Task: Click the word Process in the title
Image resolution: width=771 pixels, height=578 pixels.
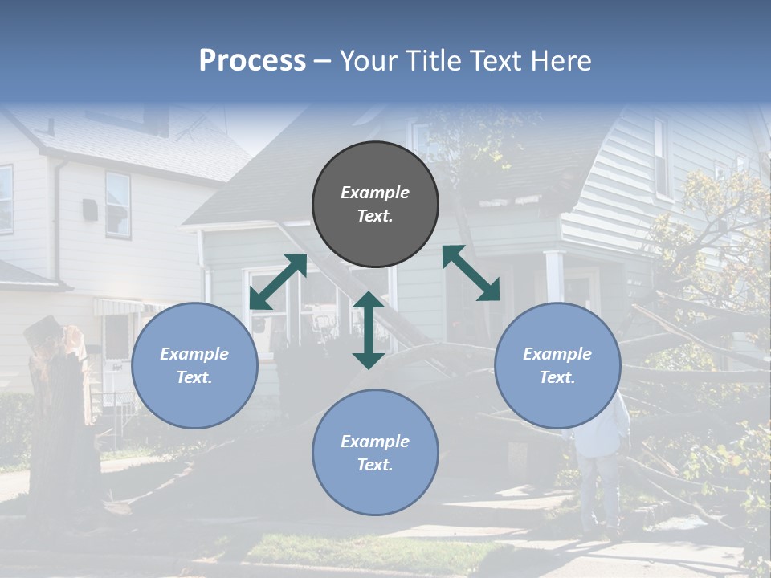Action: (252, 61)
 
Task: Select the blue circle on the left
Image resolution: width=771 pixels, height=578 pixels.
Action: (194, 365)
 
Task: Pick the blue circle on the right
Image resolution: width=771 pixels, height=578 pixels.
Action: (557, 365)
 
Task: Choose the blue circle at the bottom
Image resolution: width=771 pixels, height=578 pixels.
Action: (375, 452)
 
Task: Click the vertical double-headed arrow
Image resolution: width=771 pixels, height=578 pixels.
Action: (369, 330)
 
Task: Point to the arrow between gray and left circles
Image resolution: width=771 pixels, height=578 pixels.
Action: (278, 281)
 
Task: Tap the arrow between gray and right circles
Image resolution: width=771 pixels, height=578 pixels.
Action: (471, 273)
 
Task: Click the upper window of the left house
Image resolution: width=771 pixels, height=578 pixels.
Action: (117, 205)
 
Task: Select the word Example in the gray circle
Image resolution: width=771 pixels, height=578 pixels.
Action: (375, 193)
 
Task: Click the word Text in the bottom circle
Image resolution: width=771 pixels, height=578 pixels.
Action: (375, 465)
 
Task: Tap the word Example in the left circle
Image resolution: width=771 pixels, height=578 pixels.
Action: (194, 354)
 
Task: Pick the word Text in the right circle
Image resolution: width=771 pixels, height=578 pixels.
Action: (557, 377)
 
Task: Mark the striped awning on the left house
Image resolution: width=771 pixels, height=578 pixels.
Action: (120, 307)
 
